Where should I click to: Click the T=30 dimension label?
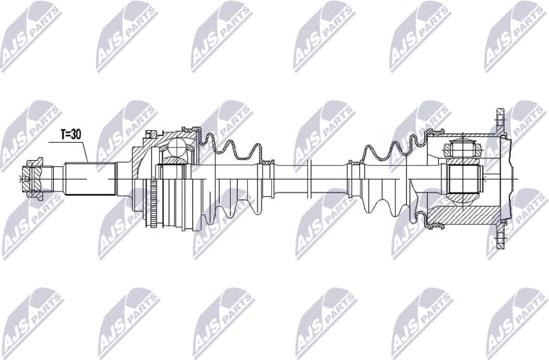(x=70, y=134)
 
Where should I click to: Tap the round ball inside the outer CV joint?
(x=177, y=147)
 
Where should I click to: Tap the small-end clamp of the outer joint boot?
(x=263, y=166)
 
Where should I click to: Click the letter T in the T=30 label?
(x=64, y=134)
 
